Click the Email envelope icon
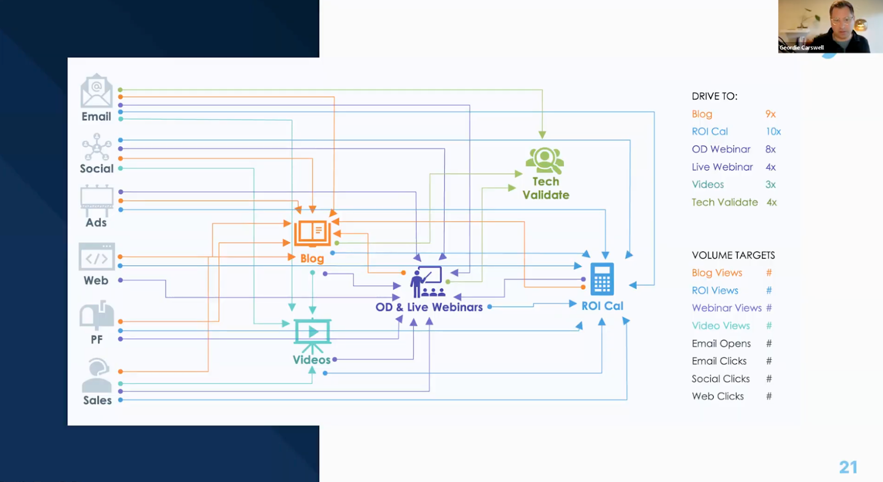point(97,91)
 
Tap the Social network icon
point(97,147)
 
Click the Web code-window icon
point(97,257)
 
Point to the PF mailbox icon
point(97,315)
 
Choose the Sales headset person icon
point(97,375)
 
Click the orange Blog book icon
point(312,233)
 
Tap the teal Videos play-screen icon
point(312,332)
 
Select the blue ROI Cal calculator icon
point(602,279)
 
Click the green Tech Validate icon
point(545,160)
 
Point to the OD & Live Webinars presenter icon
point(427,282)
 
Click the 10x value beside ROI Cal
point(773,132)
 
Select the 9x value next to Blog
point(770,114)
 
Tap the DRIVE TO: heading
point(714,97)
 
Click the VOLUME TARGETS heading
point(733,255)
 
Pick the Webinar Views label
point(726,308)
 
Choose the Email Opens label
point(721,344)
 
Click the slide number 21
point(848,467)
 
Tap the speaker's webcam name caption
point(801,48)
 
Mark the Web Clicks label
point(717,397)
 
